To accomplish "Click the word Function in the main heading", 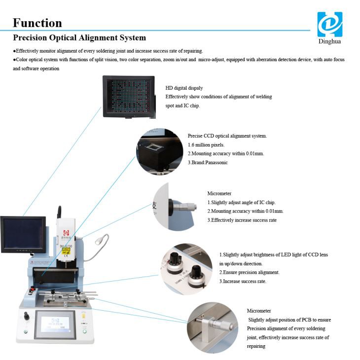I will tap(37, 23).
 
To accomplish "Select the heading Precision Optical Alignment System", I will tap(79, 37).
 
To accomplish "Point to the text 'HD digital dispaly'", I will tap(184, 88).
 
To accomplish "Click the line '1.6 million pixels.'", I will tap(206, 144).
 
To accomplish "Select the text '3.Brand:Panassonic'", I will tap(208, 162).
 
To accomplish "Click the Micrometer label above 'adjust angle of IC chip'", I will tap(219, 193).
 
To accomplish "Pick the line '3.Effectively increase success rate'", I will tap(242, 220).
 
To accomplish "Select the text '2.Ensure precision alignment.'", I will tap(249, 272).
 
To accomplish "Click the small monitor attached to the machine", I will tap(23, 234).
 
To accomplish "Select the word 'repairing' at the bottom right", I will tap(256, 346).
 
